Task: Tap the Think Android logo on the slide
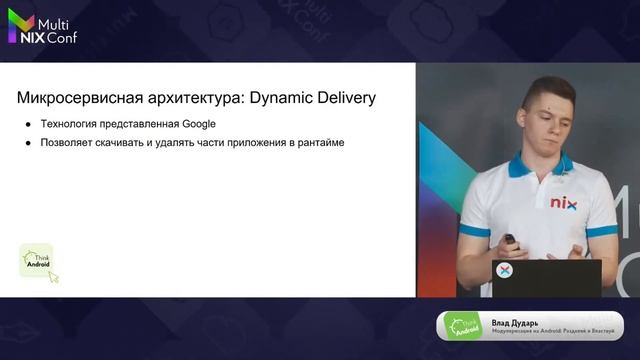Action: click(x=37, y=261)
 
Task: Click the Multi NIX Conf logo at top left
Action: click(x=42, y=30)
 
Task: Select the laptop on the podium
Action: click(x=546, y=277)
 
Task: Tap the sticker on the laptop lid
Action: click(x=505, y=270)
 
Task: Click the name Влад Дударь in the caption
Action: click(x=516, y=322)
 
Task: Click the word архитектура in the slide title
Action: click(x=186, y=98)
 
